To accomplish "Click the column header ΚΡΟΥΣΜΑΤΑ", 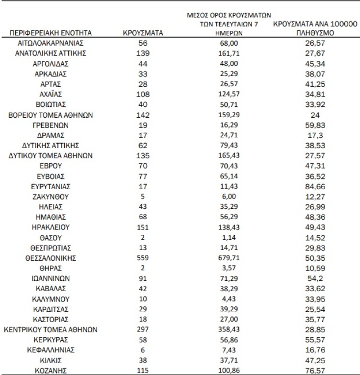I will (142, 33).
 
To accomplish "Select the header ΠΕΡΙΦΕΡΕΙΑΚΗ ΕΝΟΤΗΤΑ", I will (51, 33).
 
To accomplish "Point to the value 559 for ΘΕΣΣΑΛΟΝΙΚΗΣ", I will (142, 258).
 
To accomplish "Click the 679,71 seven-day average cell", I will (230, 258).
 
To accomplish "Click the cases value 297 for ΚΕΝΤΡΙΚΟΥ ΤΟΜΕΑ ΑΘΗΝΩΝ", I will (142, 329).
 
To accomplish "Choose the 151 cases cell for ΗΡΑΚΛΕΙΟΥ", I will (142, 227).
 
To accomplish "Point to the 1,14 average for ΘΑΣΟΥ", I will (230, 237).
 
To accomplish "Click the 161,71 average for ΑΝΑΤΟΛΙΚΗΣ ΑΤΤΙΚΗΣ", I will (230, 53).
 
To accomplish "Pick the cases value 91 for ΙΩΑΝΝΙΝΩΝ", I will (142, 278).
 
